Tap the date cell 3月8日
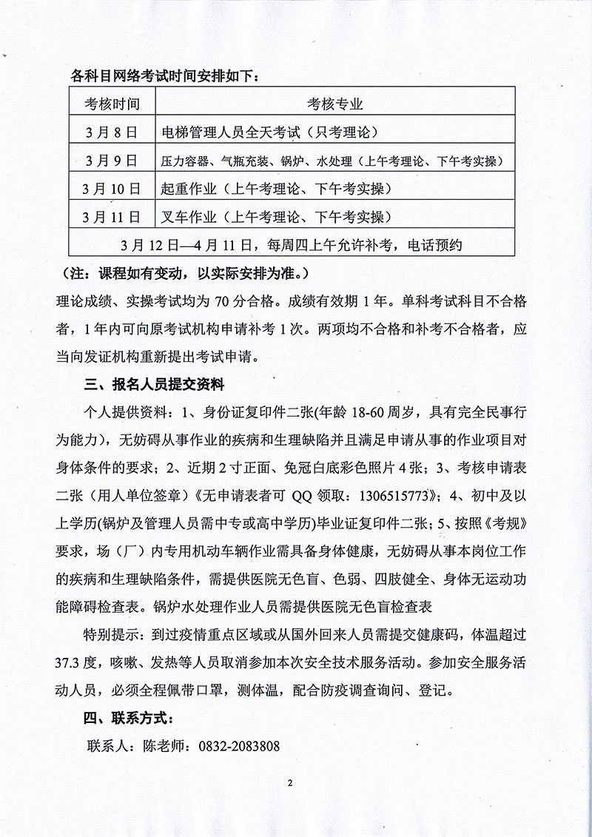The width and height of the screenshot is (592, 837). click(x=112, y=133)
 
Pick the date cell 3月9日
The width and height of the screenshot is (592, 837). click(x=112, y=160)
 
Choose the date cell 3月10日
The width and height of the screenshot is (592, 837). click(x=112, y=188)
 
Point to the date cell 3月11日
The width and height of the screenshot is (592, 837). click(x=112, y=216)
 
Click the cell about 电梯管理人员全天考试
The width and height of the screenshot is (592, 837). click(x=269, y=133)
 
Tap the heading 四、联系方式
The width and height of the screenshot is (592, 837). click(x=129, y=717)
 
